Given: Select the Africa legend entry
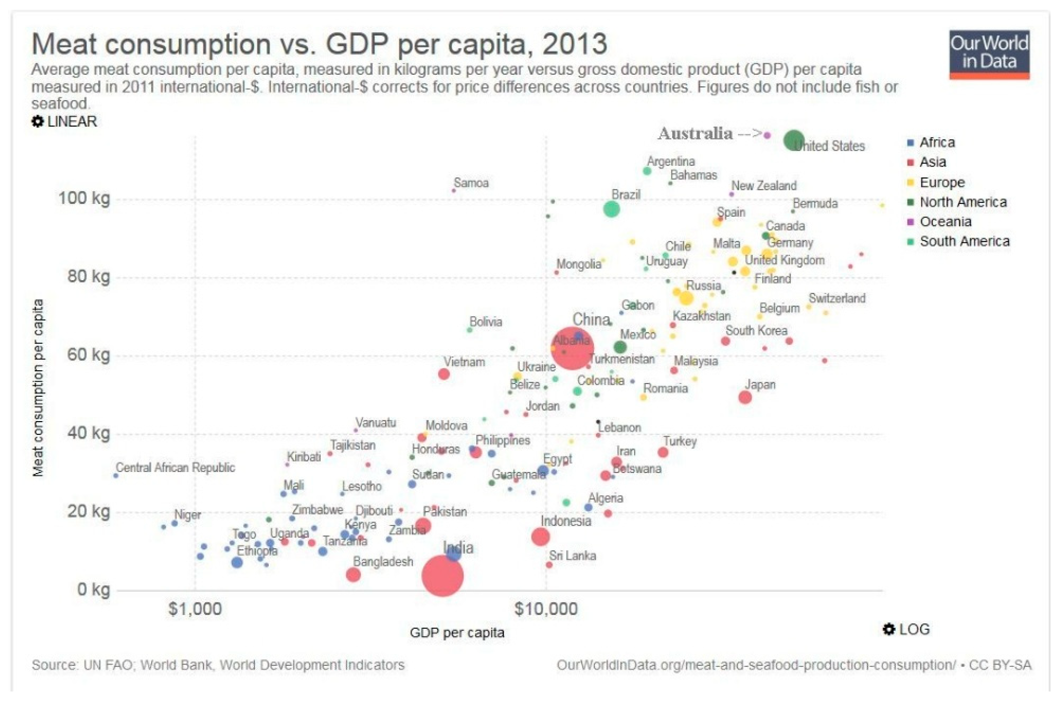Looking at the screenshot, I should coord(936,142).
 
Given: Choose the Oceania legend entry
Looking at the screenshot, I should coord(945,222).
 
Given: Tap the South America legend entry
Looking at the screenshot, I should coord(964,241).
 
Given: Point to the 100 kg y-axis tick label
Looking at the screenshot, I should coord(84,198).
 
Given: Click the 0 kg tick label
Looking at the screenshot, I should coord(93,589).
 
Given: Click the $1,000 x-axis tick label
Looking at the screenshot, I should coord(195,609).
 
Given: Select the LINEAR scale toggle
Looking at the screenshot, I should coord(65,121).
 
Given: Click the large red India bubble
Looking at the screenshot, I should coord(443,576).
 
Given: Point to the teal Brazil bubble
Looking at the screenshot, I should coord(611,209).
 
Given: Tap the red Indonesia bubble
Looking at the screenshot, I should coord(540,536).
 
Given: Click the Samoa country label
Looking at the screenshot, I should coord(471,183).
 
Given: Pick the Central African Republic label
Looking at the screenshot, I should coord(175,468).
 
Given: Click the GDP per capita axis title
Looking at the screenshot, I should coord(457,633).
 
